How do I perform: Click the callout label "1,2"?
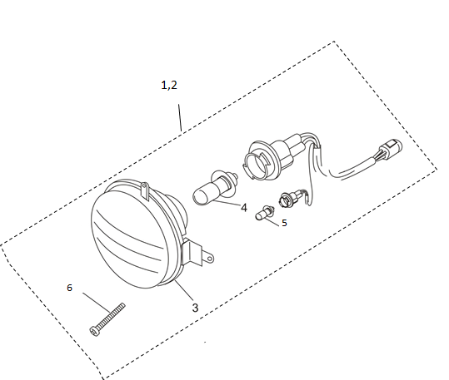(x=169, y=85)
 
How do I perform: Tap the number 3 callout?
(x=195, y=308)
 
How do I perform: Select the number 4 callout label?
(x=244, y=208)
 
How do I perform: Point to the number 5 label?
(x=284, y=223)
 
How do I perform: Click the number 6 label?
(x=70, y=288)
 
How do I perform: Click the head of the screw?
(x=94, y=331)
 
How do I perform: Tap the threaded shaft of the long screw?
(x=111, y=315)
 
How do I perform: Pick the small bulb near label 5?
(x=265, y=213)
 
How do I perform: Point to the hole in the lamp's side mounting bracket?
(x=210, y=259)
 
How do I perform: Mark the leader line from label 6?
(x=97, y=303)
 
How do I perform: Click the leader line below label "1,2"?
(x=180, y=117)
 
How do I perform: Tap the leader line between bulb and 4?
(x=227, y=203)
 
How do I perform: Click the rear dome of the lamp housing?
(x=178, y=211)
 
